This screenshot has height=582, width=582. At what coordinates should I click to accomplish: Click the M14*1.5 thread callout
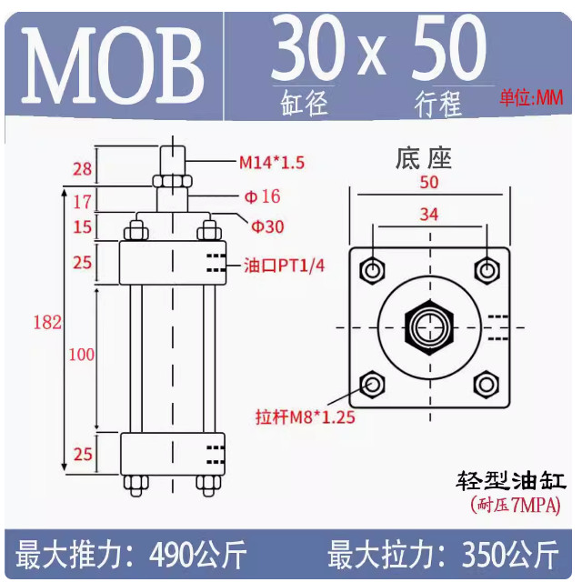(x=272, y=163)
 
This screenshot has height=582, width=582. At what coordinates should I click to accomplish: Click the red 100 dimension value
(x=82, y=356)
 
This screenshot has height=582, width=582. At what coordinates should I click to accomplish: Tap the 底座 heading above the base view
(x=424, y=158)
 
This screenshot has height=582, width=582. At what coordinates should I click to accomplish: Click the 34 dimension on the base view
(x=429, y=216)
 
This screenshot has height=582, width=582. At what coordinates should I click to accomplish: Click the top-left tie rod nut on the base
(x=372, y=270)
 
